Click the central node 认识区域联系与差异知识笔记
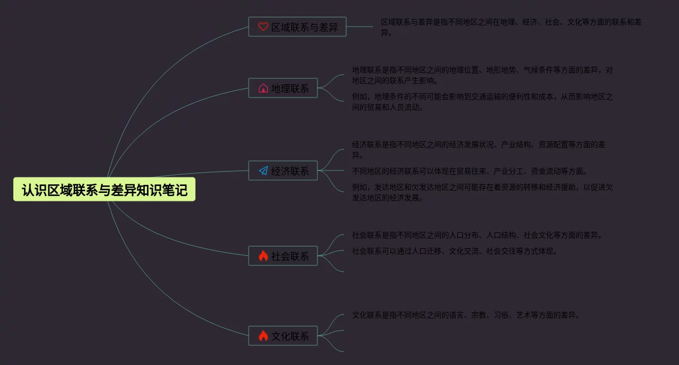point(104,190)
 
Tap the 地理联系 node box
point(283,88)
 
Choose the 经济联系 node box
point(283,171)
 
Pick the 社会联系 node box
point(283,256)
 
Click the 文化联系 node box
point(283,336)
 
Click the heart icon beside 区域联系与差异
point(263,27)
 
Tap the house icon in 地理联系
point(263,88)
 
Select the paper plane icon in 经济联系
point(263,171)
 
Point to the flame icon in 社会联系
point(263,256)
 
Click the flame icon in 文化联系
point(263,336)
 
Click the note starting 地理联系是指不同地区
point(482,75)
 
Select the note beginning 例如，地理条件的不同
point(482,102)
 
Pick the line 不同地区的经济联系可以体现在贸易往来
point(469,171)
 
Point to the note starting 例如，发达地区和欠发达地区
point(482,192)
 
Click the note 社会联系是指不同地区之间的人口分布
point(477,235)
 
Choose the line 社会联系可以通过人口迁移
point(454,251)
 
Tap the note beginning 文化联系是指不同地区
point(465,315)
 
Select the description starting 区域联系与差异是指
point(511,27)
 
